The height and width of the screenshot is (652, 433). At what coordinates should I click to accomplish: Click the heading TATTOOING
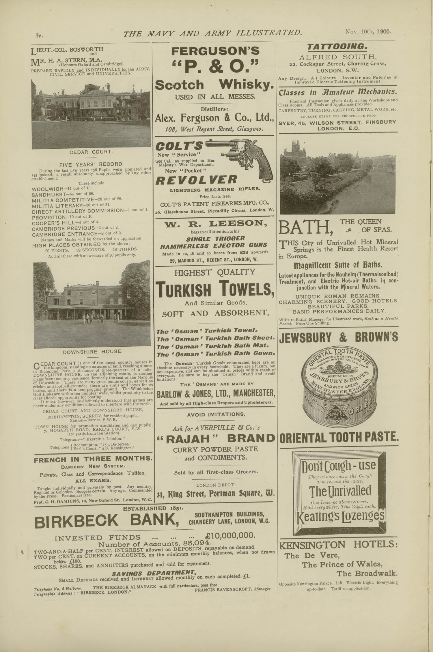coord(337,46)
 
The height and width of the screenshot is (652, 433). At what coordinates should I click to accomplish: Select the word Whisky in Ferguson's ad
coord(246,85)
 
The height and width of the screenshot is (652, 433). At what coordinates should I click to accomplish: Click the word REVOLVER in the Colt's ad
coord(196,180)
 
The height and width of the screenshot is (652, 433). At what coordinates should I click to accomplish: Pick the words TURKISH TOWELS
coord(215,289)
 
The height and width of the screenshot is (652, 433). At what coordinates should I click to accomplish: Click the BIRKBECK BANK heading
coord(105,520)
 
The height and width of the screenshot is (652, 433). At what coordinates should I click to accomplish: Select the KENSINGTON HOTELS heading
coord(338,545)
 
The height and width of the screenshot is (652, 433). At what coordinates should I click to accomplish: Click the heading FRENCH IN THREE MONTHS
coord(93,459)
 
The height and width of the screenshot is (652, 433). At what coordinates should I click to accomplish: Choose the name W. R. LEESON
coord(215,223)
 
